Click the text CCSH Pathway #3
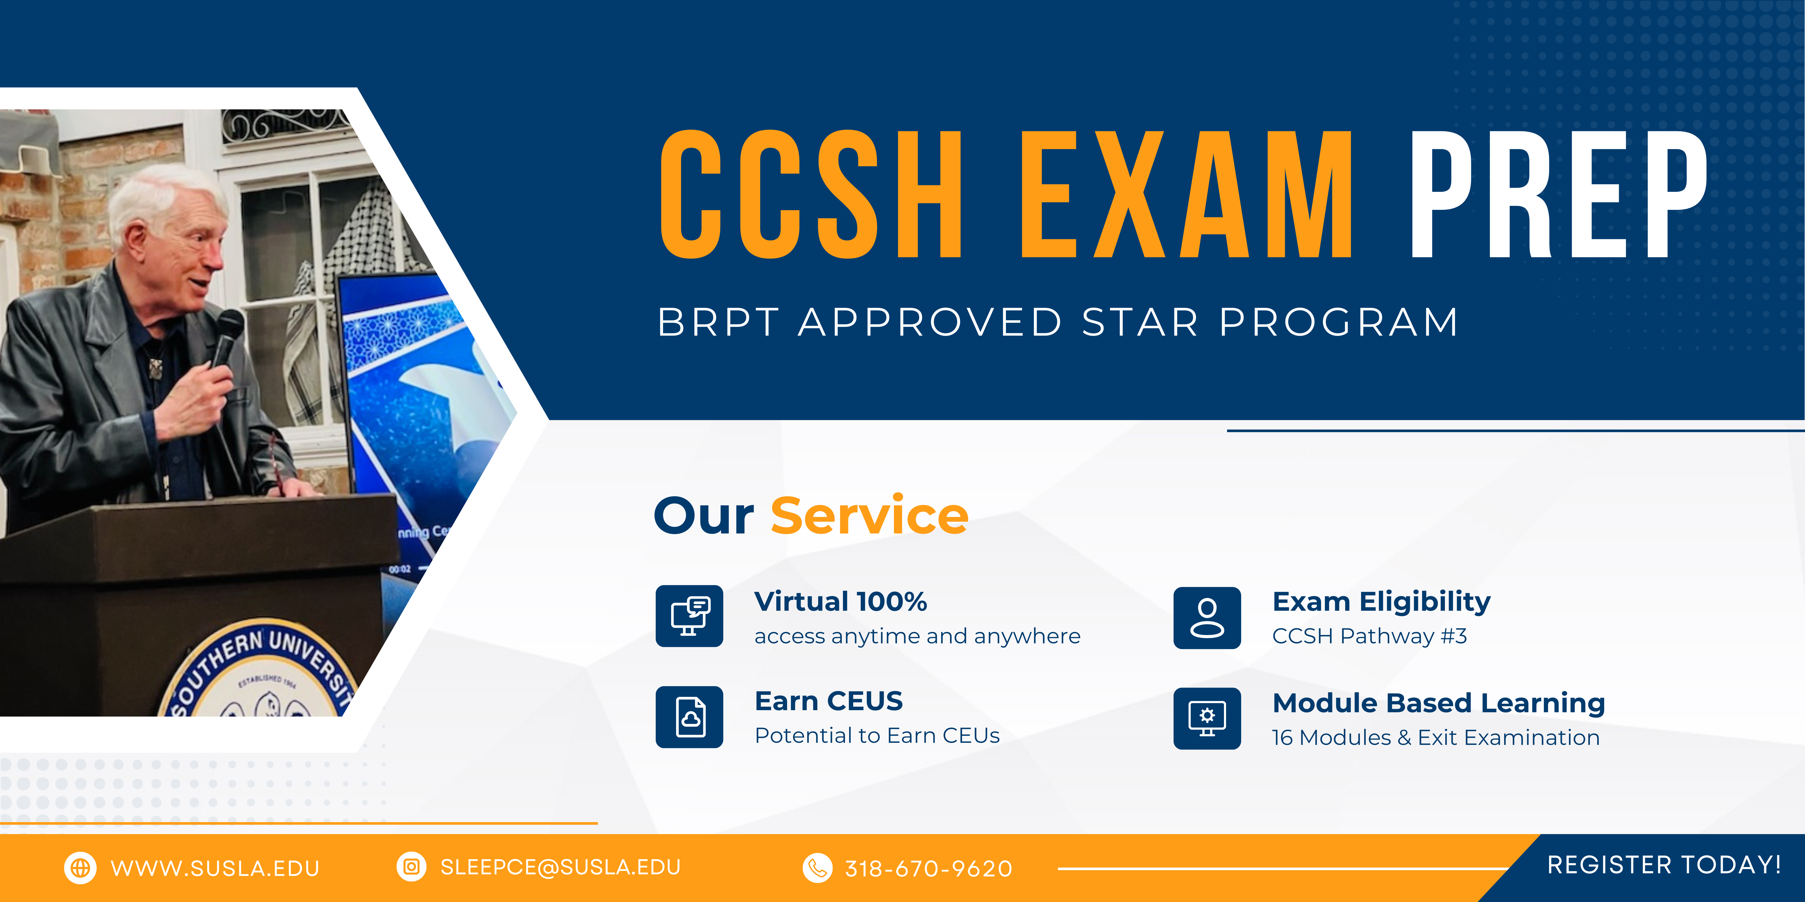pos(1369,636)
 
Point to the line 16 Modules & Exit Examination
pos(1436,737)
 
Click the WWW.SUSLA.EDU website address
pos(215,868)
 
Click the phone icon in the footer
pos(817,868)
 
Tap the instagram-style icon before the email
pos(411,867)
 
